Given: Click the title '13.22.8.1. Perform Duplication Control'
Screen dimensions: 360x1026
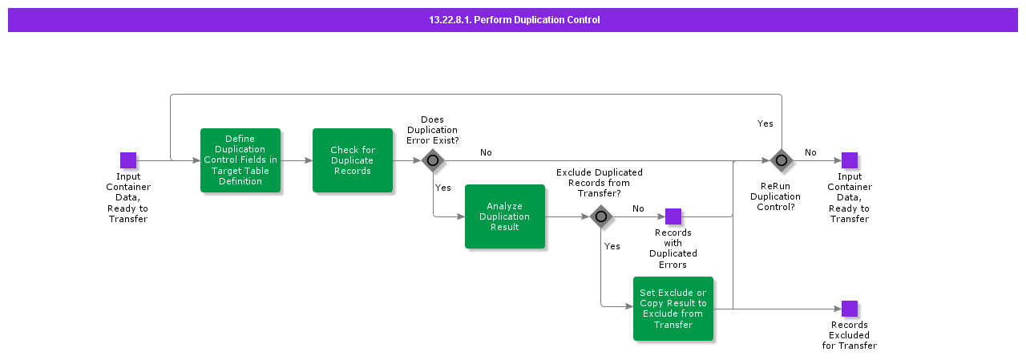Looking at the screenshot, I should point(514,20).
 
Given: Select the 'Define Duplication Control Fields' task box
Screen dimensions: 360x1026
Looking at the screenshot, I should point(240,160).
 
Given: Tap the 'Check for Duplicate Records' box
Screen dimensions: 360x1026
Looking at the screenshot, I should point(353,160).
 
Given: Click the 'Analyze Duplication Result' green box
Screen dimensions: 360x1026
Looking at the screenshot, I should point(505,216).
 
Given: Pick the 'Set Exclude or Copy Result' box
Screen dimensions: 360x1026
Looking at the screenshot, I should point(673,309).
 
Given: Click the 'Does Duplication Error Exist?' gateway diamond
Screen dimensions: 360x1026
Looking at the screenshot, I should point(433,160).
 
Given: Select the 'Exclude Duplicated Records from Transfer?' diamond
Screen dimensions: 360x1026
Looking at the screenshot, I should point(601,216).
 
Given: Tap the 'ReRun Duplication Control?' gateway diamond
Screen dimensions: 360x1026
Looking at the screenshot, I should point(782,160).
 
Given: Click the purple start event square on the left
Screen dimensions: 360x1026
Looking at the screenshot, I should point(128,160).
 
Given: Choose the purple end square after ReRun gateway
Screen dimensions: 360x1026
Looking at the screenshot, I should point(850,160).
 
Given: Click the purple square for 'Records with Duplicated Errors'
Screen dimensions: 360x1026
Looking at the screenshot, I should point(673,216).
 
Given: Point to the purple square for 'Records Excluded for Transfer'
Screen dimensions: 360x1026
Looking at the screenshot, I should point(850,309).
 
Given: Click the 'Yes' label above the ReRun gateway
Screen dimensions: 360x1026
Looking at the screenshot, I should point(765,123).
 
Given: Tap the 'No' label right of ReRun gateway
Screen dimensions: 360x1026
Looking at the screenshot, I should point(810,152).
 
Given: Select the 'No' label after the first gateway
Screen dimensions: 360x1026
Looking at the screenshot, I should point(486,152).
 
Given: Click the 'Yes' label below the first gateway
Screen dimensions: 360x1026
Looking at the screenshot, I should point(442,188).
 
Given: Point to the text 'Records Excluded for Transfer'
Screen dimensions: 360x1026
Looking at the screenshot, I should point(850,335).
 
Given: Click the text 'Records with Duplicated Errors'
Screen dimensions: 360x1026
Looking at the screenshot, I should point(673,249).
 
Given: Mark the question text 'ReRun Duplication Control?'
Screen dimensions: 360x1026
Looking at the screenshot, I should point(775,196).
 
